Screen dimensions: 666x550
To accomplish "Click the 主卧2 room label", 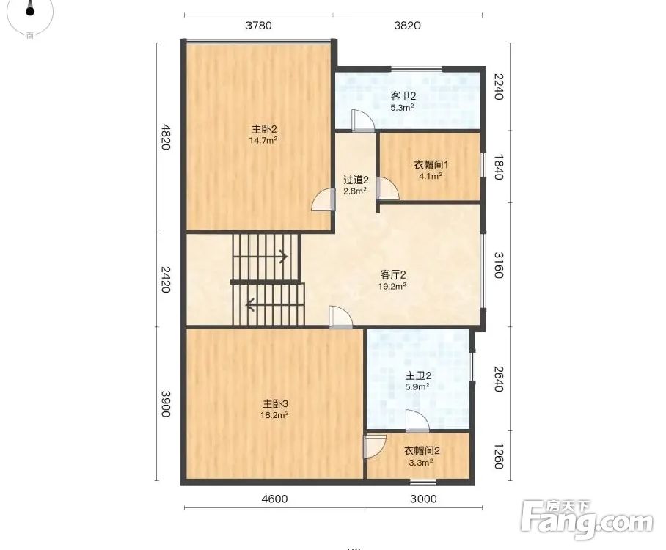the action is coord(264,129).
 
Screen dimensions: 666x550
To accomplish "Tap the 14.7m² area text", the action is coord(263,140).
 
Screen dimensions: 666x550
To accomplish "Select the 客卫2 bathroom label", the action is coord(403,97).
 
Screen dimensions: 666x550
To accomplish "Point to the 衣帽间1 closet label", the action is coord(431,165).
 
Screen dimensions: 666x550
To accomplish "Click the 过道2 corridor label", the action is coord(356,180).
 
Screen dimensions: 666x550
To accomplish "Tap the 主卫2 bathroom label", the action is coord(418,375).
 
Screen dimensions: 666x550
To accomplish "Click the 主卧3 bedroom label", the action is coord(275,403).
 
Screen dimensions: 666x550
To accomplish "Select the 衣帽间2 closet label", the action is coord(422,451).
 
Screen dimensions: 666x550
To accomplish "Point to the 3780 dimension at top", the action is coord(258,26).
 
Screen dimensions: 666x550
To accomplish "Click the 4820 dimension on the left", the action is coord(165,136).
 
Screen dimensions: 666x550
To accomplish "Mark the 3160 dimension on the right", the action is coord(499,265).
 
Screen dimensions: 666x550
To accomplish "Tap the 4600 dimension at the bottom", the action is coord(274,499).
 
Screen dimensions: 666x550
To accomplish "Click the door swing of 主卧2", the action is coord(322,199).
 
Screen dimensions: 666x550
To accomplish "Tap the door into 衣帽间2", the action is coord(374,446).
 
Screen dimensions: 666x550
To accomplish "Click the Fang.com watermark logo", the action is coord(587,520).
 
